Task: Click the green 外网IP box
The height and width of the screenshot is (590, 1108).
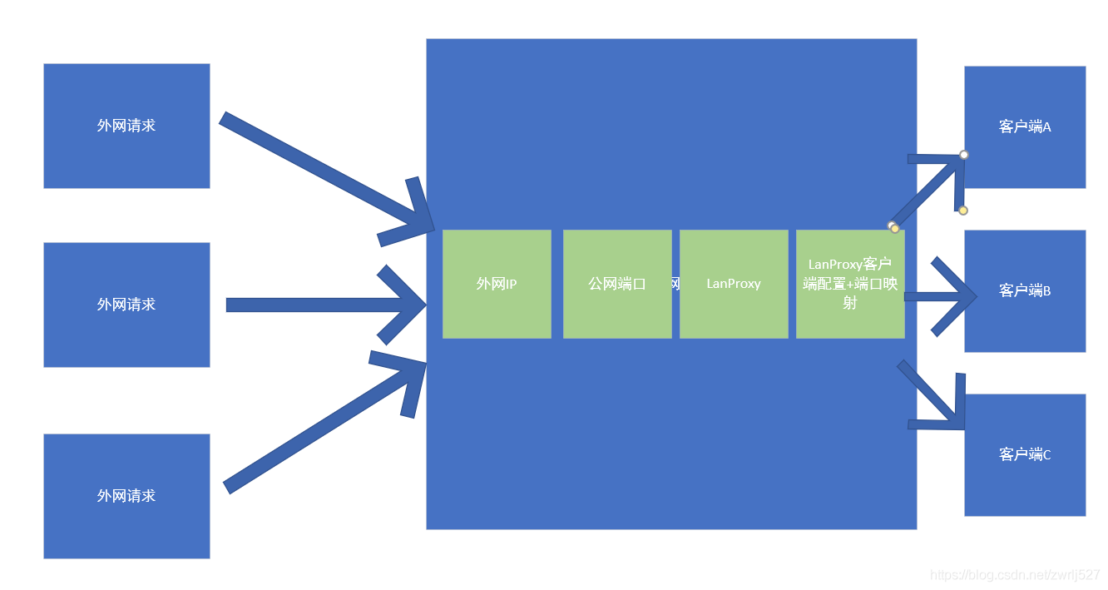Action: pos(497,284)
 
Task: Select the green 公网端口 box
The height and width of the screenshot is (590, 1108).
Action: pos(617,284)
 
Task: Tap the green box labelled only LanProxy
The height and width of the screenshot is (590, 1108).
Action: pos(734,284)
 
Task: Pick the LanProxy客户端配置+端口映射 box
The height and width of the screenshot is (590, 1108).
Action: pos(850,284)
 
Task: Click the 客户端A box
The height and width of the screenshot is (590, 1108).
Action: pos(1025,126)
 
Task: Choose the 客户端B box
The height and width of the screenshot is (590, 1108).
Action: pos(1025,290)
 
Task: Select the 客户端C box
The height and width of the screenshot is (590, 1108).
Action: pos(1025,454)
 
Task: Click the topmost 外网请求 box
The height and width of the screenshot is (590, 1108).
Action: pos(126,126)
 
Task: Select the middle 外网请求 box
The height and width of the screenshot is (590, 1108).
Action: pos(126,305)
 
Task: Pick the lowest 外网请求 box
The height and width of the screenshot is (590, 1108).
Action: pos(126,496)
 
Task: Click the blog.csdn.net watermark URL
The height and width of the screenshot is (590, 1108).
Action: pos(1015,575)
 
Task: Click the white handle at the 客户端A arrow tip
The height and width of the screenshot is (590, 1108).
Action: pos(964,155)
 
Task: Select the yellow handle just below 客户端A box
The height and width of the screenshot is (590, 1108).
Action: pos(963,211)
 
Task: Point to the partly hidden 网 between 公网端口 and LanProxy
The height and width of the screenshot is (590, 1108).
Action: pos(675,284)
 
